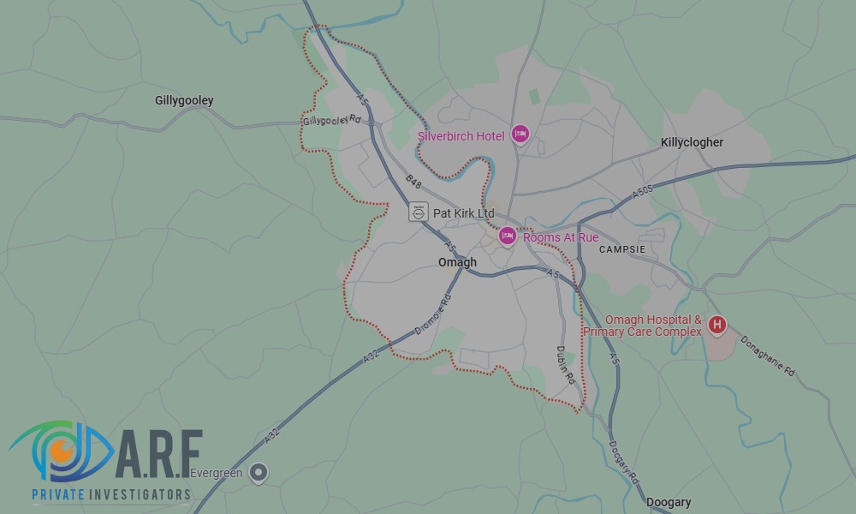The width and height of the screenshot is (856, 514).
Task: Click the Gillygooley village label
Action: pos(184,101)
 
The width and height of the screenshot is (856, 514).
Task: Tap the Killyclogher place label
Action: pos(692,142)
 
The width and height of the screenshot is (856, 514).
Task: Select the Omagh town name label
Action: pos(457,262)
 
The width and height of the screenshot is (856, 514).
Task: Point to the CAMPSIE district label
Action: pos(622,249)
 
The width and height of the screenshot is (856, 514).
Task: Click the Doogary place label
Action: pos(669,502)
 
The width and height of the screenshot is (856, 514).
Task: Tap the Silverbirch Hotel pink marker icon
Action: pos(520,134)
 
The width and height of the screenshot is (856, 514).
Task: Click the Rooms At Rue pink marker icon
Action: pos(508,236)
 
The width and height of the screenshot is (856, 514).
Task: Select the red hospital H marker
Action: pos(718,325)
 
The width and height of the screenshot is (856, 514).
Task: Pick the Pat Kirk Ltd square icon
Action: pos(419,212)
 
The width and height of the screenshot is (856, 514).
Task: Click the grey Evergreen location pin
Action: pos(258,472)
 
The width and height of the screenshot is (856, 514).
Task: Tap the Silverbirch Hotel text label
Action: pos(461,136)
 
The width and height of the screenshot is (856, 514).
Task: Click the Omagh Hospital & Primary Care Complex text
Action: pos(643,326)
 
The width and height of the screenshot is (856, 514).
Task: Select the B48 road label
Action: pos(413,182)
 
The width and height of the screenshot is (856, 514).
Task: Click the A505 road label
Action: pos(643,192)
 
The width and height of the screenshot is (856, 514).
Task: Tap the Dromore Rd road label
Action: pos(432,315)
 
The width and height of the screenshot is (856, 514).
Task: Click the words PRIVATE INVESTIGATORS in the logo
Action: pos(110,494)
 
